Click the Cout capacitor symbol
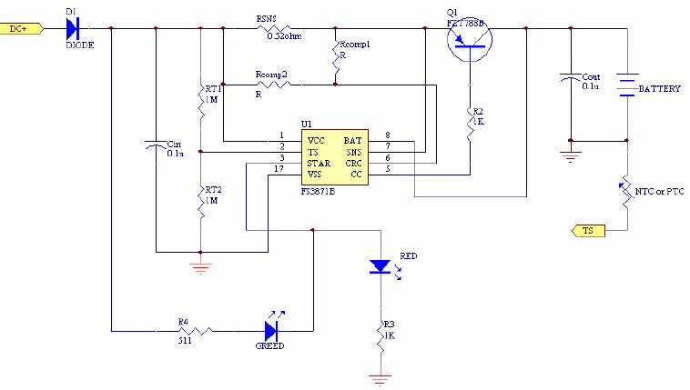570,79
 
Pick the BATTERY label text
660,89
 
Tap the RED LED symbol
380,266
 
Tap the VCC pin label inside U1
317,140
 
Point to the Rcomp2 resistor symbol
271,85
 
